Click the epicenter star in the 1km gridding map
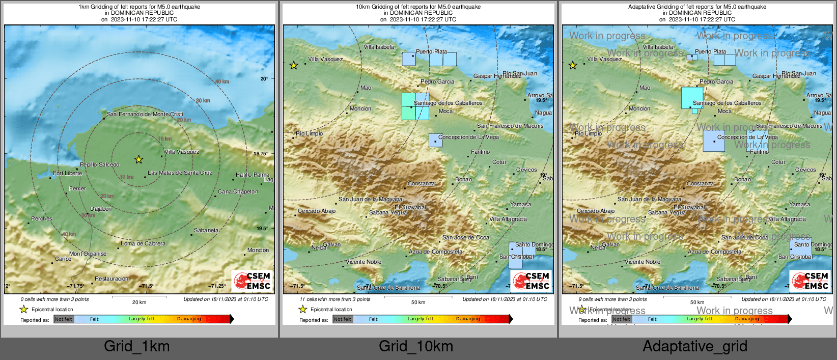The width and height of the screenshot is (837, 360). pos(138,159)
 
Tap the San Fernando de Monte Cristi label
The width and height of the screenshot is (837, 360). pos(145,114)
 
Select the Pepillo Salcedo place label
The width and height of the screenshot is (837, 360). pos(99,164)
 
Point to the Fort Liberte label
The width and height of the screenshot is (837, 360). pos(67,173)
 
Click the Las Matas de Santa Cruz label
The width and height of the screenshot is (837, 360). pos(180,173)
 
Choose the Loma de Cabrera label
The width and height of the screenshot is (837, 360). pos(143,243)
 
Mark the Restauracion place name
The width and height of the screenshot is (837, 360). pos(111,279)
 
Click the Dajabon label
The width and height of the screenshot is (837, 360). pos(101,209)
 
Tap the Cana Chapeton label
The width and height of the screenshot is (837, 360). pos(238,191)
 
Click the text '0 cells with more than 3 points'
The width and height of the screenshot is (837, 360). pos(54,299)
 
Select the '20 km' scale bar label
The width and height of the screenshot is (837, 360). pos(139,302)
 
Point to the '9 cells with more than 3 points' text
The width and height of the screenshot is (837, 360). pos(612,299)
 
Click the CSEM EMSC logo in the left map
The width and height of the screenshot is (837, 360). pos(253,281)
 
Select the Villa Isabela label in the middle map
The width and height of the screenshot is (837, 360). pos(379,47)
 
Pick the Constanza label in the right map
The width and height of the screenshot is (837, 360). pos(700,183)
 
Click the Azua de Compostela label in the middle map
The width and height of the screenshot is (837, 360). pos(435,252)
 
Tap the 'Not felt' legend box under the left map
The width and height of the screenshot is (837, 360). pos(64,319)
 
